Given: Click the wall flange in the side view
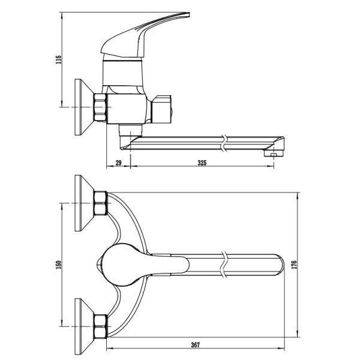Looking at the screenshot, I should [81, 107].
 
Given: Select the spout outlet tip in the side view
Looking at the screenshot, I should [274, 154].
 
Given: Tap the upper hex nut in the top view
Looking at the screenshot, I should [101, 203].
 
